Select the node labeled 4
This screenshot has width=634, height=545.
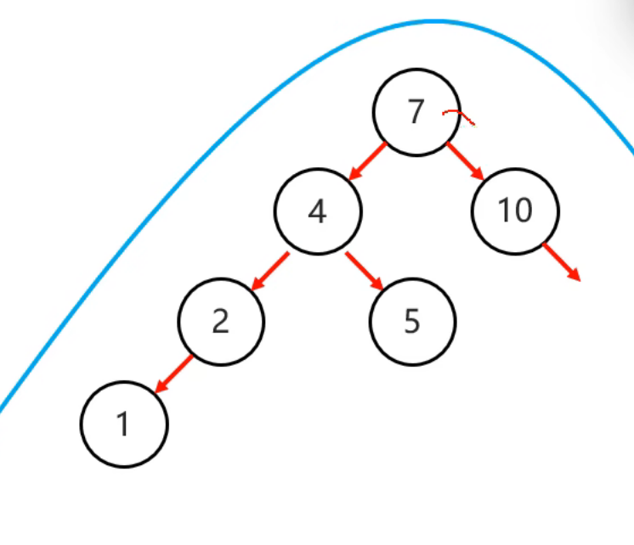[x=318, y=211]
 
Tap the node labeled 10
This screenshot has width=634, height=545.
[x=515, y=211]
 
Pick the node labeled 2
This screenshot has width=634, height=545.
[x=221, y=322]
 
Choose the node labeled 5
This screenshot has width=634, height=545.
[x=412, y=322]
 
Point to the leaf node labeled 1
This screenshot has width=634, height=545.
[x=124, y=424]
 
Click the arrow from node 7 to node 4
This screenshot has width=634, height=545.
[x=366, y=161]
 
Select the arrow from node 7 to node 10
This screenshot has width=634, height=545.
[x=465, y=161]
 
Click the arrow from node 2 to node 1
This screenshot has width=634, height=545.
[x=173, y=374]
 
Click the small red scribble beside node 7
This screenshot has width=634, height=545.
[x=459, y=116]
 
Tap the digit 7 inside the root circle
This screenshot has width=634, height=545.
[x=415, y=112]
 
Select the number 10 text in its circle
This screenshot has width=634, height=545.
[x=515, y=211]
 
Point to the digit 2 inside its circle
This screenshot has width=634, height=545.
[x=221, y=322]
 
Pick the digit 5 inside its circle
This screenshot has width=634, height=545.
[x=412, y=322]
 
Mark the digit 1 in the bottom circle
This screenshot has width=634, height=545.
[x=124, y=424]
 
